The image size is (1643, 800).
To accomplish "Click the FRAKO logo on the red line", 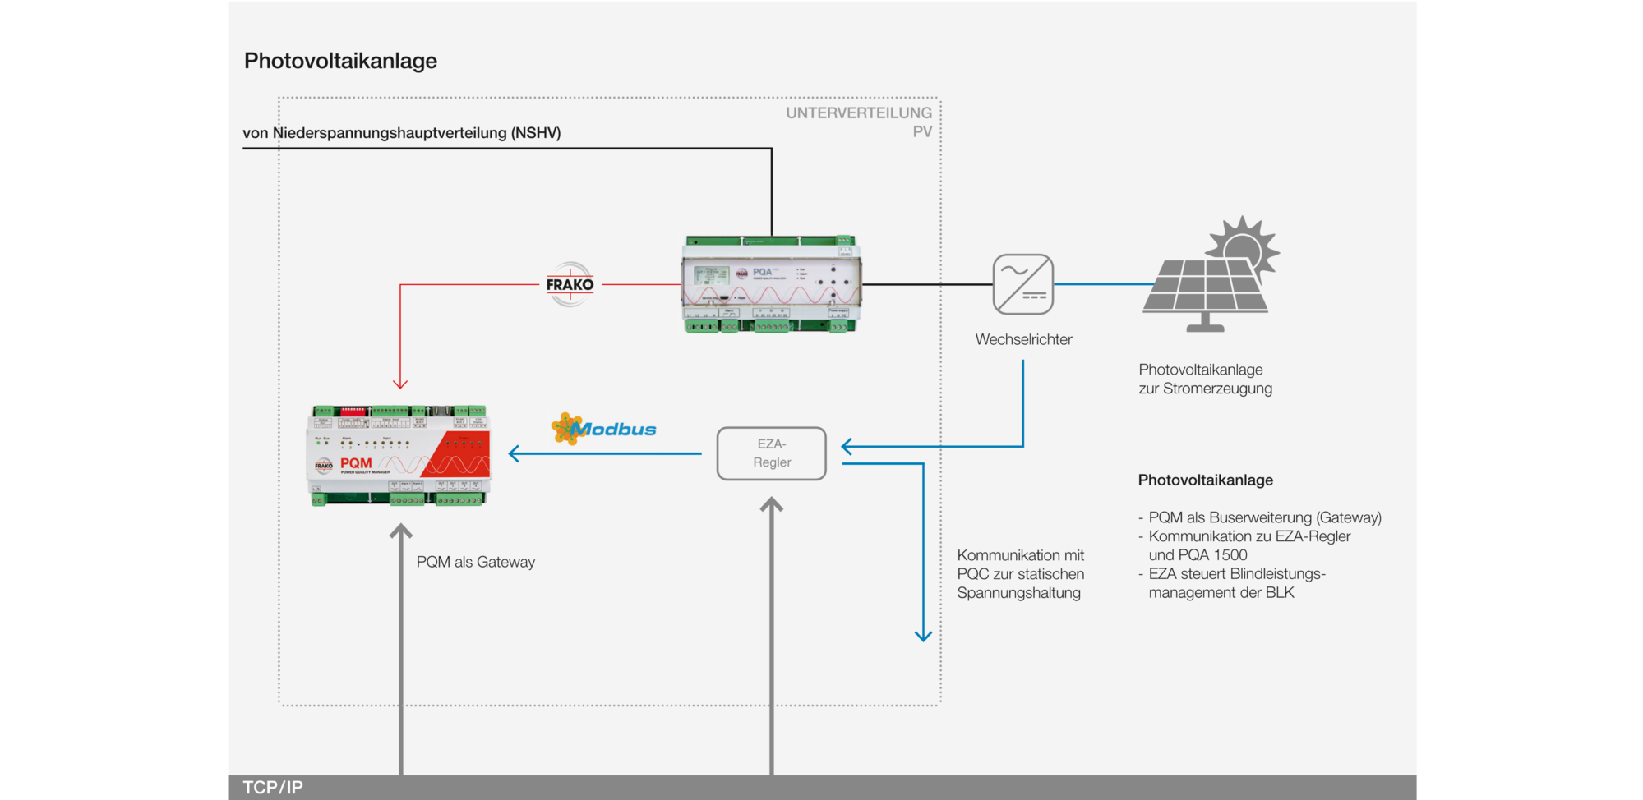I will [x=570, y=284].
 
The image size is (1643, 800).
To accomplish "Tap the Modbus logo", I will [x=604, y=429].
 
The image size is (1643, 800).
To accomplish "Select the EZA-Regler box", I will [x=771, y=453].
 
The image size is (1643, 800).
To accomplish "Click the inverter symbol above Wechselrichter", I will [x=1023, y=284].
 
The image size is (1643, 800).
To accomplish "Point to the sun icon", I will [x=1243, y=246].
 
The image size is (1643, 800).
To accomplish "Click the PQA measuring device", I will [x=772, y=284].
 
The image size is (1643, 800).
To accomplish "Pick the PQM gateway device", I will [x=399, y=455].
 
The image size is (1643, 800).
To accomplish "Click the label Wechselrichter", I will [x=1023, y=339].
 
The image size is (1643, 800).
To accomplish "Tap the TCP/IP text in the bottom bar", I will [x=273, y=787].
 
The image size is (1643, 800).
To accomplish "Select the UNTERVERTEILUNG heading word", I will [x=858, y=113].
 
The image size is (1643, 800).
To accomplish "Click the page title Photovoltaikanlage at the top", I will [x=340, y=61].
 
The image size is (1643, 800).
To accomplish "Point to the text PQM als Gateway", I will [x=475, y=562].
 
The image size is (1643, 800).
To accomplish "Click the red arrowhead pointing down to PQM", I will [x=400, y=383].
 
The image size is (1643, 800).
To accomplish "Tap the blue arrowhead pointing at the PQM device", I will [x=515, y=453].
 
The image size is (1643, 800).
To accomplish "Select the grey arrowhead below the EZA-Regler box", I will [x=771, y=505].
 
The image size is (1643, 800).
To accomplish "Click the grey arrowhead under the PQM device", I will [x=400, y=531].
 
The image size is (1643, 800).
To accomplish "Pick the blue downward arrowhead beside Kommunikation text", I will [x=923, y=635].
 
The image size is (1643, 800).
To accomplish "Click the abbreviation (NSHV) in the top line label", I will [x=536, y=133].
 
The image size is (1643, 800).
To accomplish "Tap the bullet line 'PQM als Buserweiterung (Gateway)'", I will [x=1264, y=517].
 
